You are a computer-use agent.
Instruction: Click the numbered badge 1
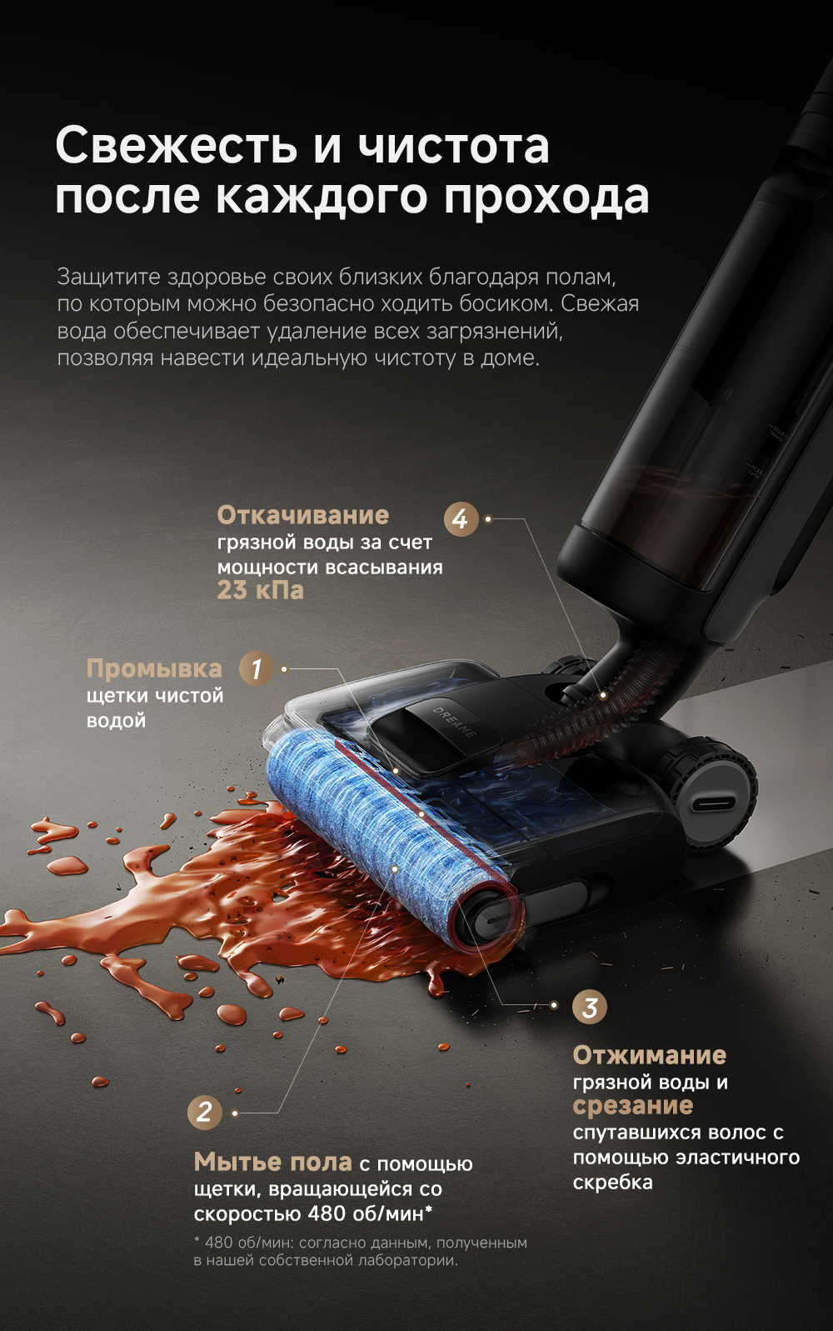[x=257, y=668]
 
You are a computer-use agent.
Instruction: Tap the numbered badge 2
[x=205, y=1113]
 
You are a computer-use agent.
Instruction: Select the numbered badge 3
[x=590, y=1007]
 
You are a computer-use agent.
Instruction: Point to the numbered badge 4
[x=461, y=519]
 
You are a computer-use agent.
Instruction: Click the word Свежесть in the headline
[x=177, y=146]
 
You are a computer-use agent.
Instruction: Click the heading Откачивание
[x=303, y=515]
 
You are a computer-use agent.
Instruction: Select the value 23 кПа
[x=260, y=590]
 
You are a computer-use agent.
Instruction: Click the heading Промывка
[x=154, y=669]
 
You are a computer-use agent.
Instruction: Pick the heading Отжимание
[x=650, y=1055]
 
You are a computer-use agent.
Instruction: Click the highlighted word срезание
[x=633, y=1106]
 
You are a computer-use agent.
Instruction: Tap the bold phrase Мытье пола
[x=272, y=1162]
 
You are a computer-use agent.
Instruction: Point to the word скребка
[x=613, y=1183]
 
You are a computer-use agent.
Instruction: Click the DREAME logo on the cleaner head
[x=454, y=722]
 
